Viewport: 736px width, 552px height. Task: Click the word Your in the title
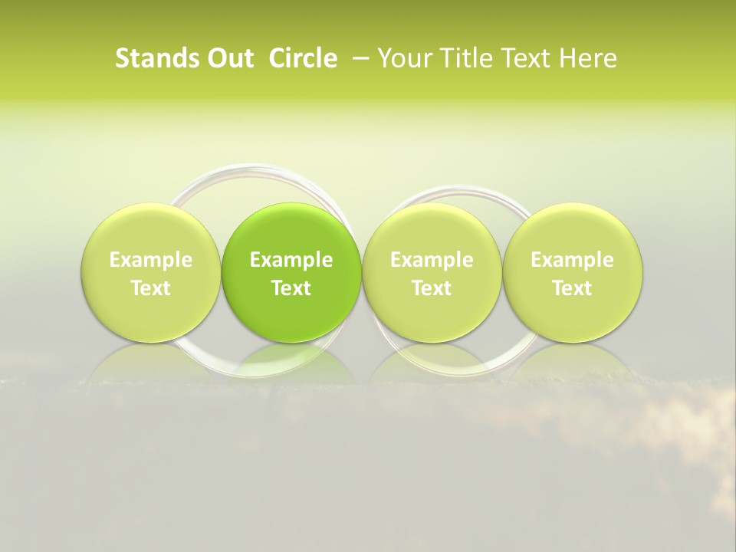pyautogui.click(x=400, y=58)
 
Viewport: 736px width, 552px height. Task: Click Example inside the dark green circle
pyautogui.click(x=291, y=260)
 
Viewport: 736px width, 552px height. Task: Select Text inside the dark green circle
pyautogui.click(x=291, y=288)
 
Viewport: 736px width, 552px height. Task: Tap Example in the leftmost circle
pyautogui.click(x=151, y=260)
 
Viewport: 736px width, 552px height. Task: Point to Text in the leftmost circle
pyautogui.click(x=151, y=288)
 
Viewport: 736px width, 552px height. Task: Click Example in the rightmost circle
pyautogui.click(x=572, y=260)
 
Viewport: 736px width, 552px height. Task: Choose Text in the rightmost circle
pyautogui.click(x=572, y=288)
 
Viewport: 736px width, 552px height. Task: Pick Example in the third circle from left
pyautogui.click(x=432, y=260)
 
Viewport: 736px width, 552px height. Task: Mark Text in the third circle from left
pyautogui.click(x=432, y=288)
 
